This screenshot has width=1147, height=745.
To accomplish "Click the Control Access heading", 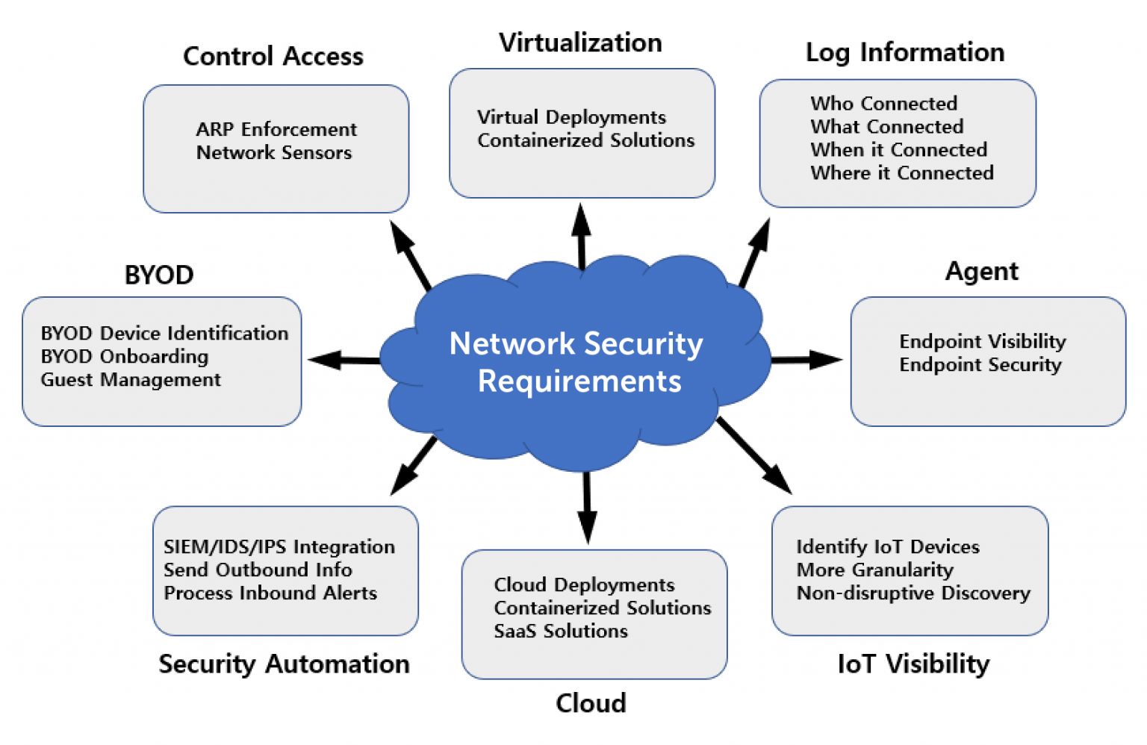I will [273, 57].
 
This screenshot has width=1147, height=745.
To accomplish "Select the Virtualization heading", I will [580, 43].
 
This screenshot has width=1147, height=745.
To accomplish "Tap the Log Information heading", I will [904, 53].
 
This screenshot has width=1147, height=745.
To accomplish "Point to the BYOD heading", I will [159, 275].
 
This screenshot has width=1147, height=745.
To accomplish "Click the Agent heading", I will [981, 272].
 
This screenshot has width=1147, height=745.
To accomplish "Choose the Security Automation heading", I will [284, 664].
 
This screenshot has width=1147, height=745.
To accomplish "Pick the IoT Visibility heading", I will [913, 664].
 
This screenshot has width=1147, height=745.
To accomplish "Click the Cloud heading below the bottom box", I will [591, 703].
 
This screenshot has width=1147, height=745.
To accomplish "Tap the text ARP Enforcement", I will [276, 129].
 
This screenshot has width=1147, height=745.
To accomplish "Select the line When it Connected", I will [898, 150].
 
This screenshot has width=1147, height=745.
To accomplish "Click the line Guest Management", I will [131, 380].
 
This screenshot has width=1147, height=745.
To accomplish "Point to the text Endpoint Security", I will [980, 365].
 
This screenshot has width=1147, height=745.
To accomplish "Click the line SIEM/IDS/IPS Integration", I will [279, 547].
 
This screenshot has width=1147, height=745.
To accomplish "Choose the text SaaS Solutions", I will [561, 632].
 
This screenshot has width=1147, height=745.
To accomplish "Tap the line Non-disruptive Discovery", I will [913, 593].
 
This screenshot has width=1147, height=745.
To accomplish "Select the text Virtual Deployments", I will [571, 117].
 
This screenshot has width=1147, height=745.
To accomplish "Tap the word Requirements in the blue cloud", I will [579, 381].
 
